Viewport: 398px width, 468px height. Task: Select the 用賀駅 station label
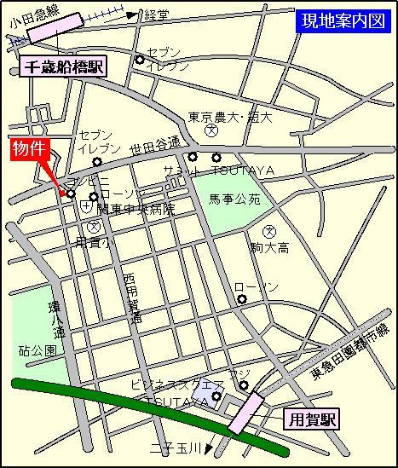pos(311,419)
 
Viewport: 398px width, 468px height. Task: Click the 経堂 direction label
pos(156,15)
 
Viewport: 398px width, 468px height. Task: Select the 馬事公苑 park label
pos(228,200)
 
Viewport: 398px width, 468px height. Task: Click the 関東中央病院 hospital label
pos(136,209)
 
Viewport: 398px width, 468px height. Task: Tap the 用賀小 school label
pos(94,243)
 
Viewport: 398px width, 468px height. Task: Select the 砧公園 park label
pos(37,350)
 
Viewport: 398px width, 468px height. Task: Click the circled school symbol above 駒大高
pos(269,231)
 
